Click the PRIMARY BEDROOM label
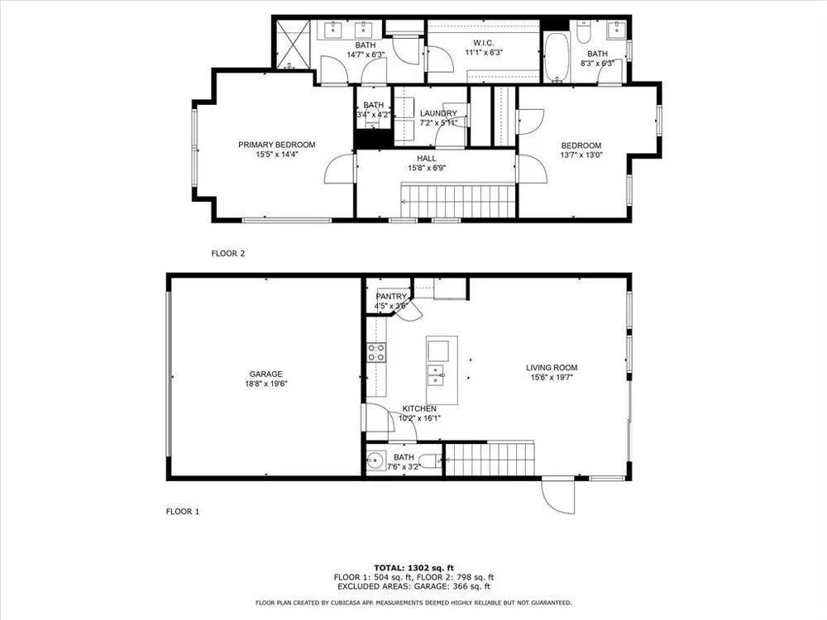click(x=277, y=145)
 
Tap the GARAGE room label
click(x=265, y=374)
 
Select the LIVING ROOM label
click(x=552, y=368)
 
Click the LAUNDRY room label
click(x=438, y=113)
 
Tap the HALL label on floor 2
click(x=427, y=158)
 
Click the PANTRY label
click(x=391, y=297)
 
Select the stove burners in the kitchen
click(x=376, y=352)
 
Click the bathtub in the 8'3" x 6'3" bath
click(x=556, y=58)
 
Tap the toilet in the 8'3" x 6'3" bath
click(x=583, y=31)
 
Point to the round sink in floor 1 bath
click(x=375, y=461)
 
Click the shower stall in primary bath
click(x=291, y=45)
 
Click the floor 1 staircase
click(x=490, y=459)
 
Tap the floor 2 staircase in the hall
click(x=458, y=200)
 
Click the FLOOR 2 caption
click(x=228, y=253)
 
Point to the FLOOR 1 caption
click(x=183, y=512)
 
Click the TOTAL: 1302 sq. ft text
click(x=414, y=568)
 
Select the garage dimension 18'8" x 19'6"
click(x=265, y=384)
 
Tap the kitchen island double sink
click(x=435, y=374)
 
